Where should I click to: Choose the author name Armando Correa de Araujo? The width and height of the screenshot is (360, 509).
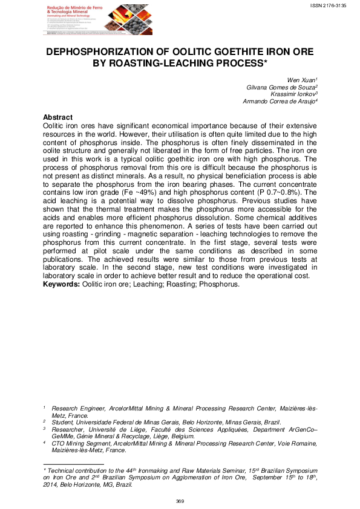pos(280,102)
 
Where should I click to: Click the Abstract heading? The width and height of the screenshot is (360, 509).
pos(58,117)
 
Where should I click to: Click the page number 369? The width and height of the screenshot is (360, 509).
pos(180,501)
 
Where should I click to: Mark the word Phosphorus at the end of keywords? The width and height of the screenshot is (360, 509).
pos(221,284)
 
